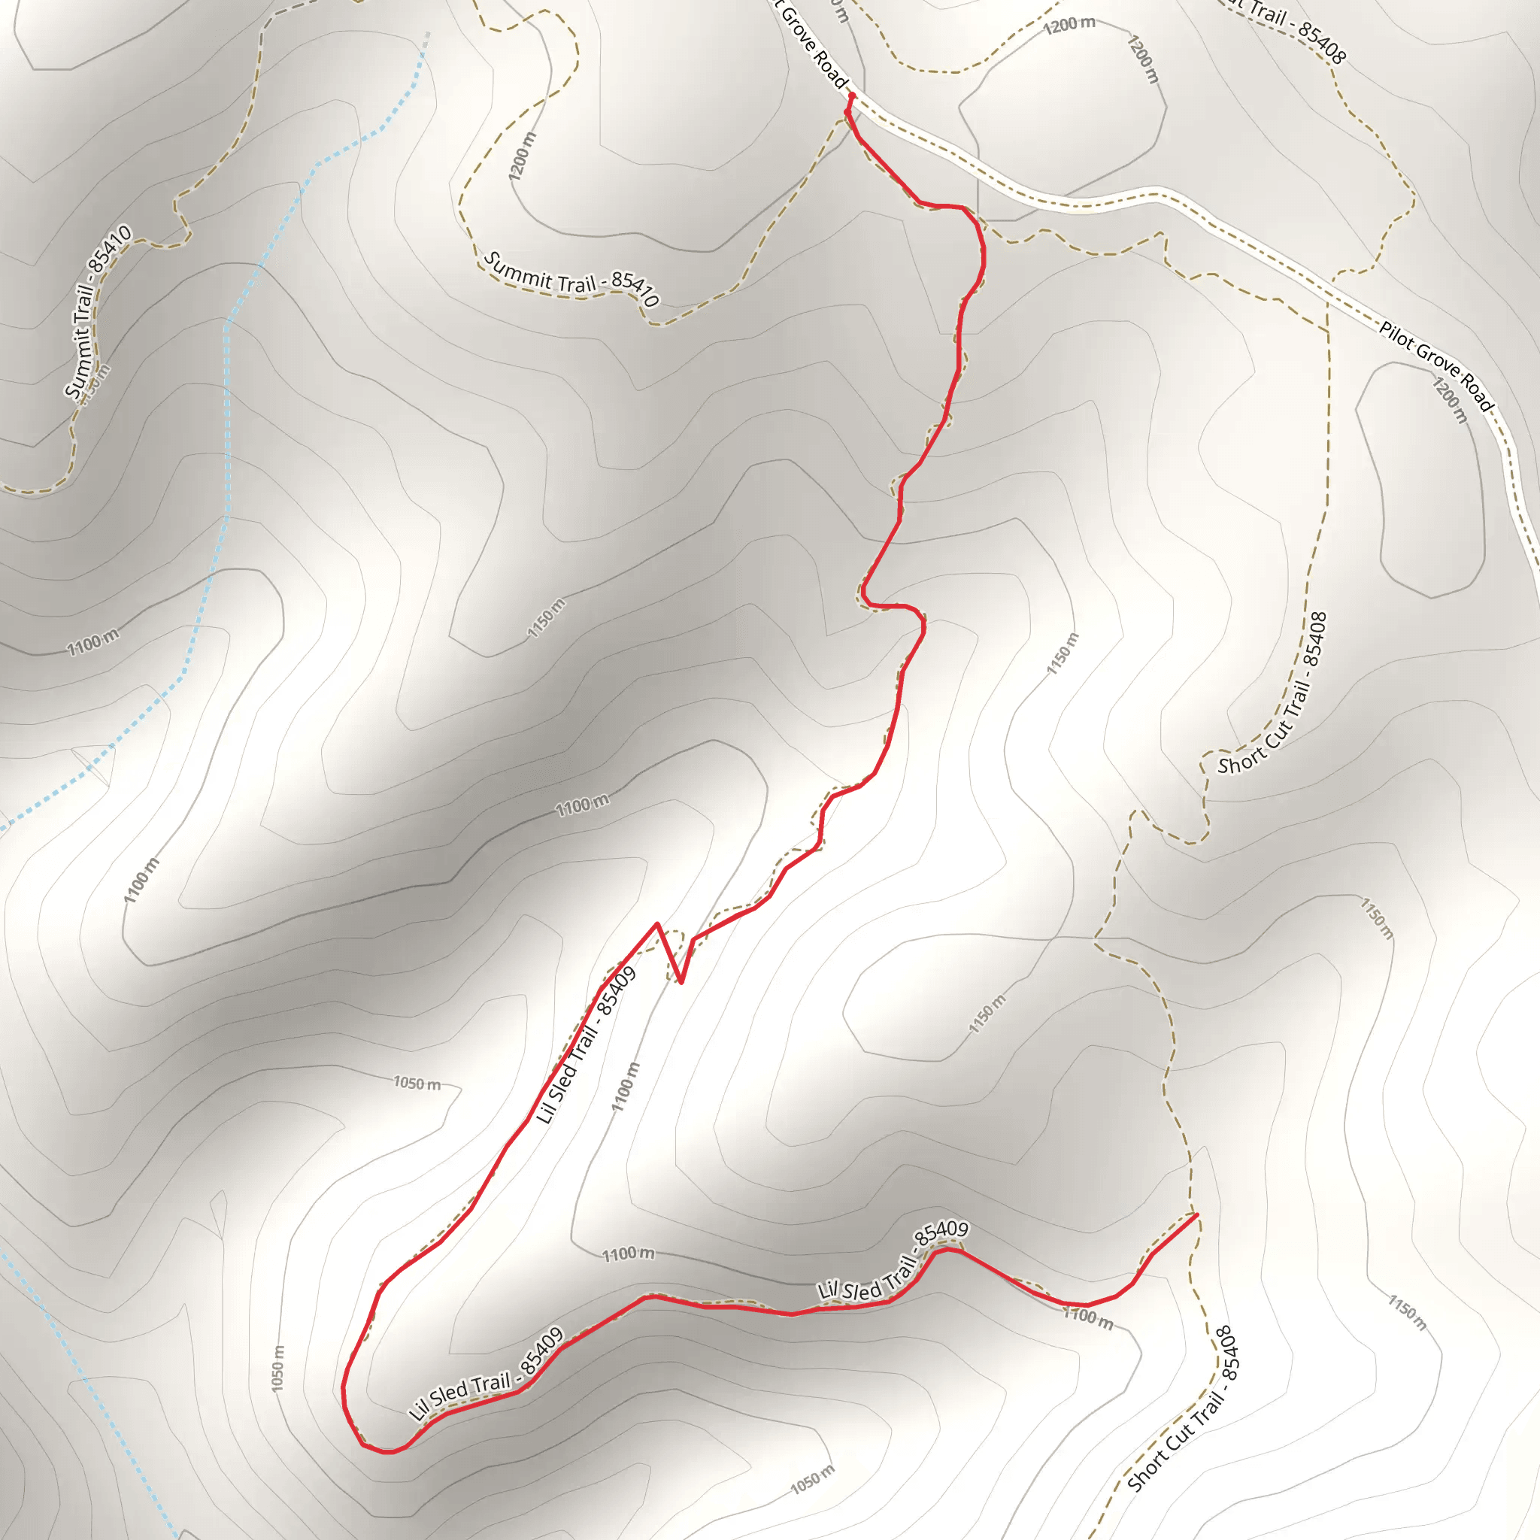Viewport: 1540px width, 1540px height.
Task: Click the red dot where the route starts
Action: pos(851,95)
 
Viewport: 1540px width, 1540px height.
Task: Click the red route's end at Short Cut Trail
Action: pos(1196,1215)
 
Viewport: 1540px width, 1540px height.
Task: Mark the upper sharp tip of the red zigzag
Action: pos(656,924)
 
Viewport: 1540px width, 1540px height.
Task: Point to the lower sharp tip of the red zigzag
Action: pos(681,982)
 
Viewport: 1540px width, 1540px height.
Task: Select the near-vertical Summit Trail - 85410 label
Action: pos(97,313)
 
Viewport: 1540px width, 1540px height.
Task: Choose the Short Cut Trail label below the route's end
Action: pos(1184,1409)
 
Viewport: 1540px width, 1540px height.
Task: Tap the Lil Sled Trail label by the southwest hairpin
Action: pos(487,1375)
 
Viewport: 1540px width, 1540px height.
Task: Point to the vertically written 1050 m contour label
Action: pos(277,1369)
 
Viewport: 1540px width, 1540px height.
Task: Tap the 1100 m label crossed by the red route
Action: pos(1088,1317)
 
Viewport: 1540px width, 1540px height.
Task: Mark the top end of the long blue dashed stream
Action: pos(427,35)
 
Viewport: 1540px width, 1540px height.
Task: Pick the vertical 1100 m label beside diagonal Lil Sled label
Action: pos(626,1087)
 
